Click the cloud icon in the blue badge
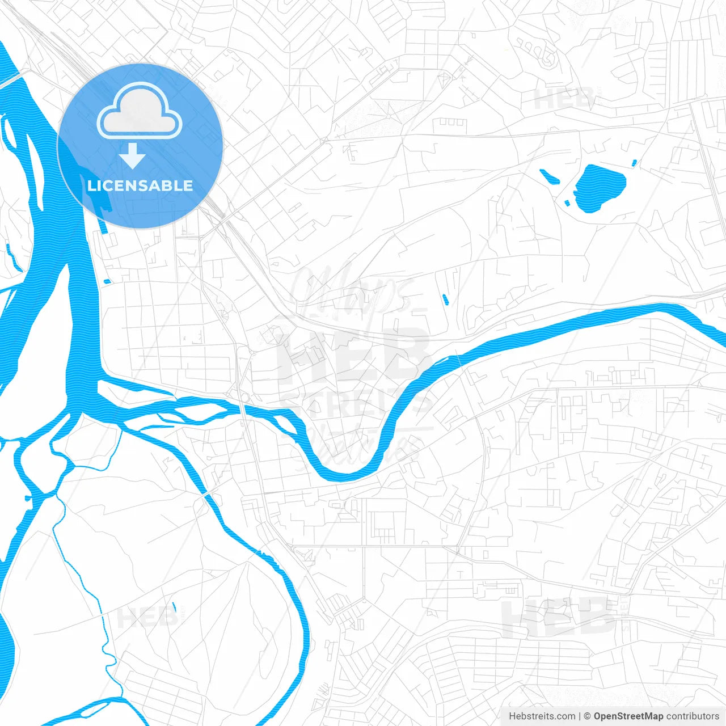[140, 111]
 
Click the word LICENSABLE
[140, 185]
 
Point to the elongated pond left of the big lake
[549, 176]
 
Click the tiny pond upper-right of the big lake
[634, 163]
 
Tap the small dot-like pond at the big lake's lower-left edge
[567, 202]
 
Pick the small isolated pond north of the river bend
[445, 298]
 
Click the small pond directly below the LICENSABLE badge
[108, 281]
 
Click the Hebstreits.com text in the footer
[542, 716]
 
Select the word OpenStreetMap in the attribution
[628, 716]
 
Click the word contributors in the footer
[693, 716]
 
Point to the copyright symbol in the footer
[588, 716]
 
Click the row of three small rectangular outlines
[451, 122]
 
